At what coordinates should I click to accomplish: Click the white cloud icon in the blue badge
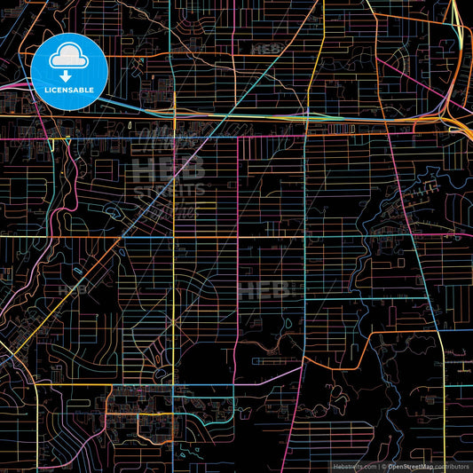tap(67, 57)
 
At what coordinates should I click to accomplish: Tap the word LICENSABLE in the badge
tap(67, 89)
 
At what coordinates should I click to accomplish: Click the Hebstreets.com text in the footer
tap(353, 466)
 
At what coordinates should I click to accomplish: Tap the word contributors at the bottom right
tap(453, 466)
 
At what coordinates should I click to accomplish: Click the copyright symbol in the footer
tap(383, 466)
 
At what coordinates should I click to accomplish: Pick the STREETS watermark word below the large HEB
tap(169, 189)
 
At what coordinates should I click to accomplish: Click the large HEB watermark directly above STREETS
tap(169, 168)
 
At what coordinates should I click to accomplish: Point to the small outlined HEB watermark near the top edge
tap(266, 48)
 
